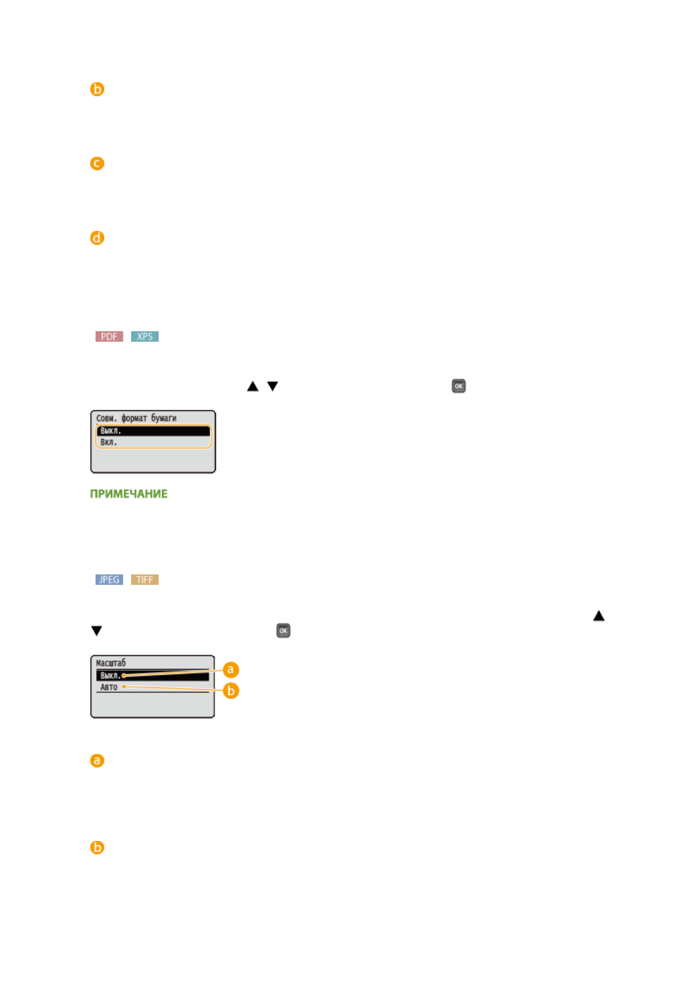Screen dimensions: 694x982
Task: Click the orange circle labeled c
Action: [x=97, y=163]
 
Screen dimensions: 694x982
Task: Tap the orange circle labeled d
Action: [x=97, y=238]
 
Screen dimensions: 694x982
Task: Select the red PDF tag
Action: [x=109, y=336]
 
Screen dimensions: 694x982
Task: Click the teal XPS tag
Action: [x=145, y=336]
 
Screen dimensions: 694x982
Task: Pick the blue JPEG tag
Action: [x=109, y=580]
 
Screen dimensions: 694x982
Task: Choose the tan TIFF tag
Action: [x=145, y=580]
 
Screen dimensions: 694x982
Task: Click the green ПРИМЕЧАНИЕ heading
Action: [x=129, y=494]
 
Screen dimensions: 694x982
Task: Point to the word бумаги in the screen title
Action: [x=164, y=418]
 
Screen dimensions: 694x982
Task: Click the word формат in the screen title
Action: [x=134, y=418]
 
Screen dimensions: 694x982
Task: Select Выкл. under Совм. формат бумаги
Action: [x=111, y=431]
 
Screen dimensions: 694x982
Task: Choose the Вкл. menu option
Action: [x=109, y=443]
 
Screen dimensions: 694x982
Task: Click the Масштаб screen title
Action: [x=111, y=663]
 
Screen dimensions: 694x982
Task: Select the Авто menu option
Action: [x=109, y=688]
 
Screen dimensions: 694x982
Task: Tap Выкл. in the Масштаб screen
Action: [x=110, y=676]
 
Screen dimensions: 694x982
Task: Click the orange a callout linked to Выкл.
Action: [x=231, y=669]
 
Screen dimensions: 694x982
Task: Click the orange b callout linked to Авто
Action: [x=231, y=691]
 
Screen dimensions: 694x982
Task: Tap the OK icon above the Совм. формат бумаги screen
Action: [x=459, y=386]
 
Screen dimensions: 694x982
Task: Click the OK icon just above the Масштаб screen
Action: [x=283, y=630]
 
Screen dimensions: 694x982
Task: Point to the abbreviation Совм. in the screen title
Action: [x=106, y=418]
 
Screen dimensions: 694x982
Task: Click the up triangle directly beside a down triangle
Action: [x=252, y=386]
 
